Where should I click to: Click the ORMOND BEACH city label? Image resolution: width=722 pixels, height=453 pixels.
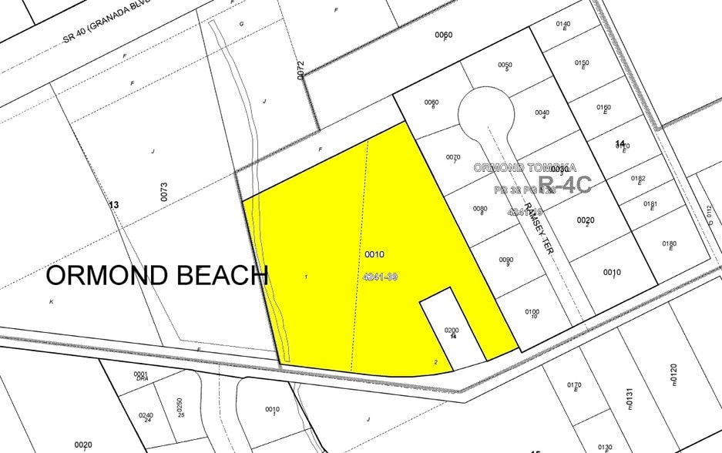(157, 275)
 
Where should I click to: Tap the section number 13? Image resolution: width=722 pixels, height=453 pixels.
(114, 205)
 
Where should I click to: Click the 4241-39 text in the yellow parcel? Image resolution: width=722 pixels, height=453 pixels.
(378, 276)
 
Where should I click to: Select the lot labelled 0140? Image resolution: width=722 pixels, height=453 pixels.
(562, 24)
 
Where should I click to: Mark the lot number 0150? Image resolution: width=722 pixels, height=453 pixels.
(582, 63)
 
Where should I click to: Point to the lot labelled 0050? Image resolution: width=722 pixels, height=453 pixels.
(505, 65)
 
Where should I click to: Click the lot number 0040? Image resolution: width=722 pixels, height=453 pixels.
(542, 112)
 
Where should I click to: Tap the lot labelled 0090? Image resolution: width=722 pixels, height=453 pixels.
(506, 260)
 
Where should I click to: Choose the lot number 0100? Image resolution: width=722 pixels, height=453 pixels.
(532, 311)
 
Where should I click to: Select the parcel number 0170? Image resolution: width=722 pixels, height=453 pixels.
(573, 385)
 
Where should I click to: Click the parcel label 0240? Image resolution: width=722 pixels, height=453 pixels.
(146, 415)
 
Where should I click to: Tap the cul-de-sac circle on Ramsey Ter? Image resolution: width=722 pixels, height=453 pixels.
(485, 112)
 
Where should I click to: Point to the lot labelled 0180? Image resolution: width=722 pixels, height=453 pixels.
(669, 243)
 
